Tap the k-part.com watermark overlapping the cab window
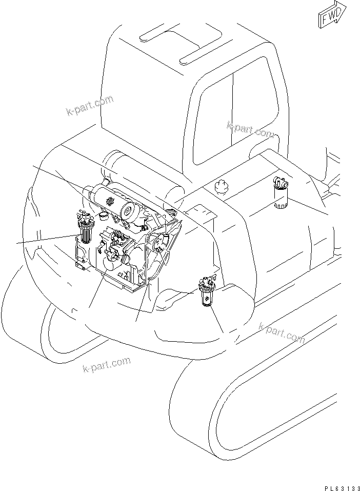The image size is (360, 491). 250,131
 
